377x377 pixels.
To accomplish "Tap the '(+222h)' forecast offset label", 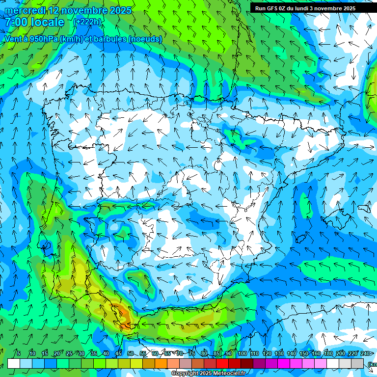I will point(87,22).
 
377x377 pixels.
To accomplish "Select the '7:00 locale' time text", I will point(34,22).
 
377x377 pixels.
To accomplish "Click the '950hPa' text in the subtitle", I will point(43,39).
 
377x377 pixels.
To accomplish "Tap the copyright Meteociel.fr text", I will point(208,374).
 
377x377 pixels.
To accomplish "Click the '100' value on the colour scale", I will point(242,353).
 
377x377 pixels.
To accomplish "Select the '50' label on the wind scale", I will point(131,353).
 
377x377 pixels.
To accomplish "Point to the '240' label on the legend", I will point(365,353).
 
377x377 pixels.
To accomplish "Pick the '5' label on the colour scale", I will point(19,353).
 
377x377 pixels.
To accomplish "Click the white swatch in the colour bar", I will point(14,363).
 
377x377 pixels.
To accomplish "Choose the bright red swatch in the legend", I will point(222,363).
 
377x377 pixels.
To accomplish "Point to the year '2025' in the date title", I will point(120,10).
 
